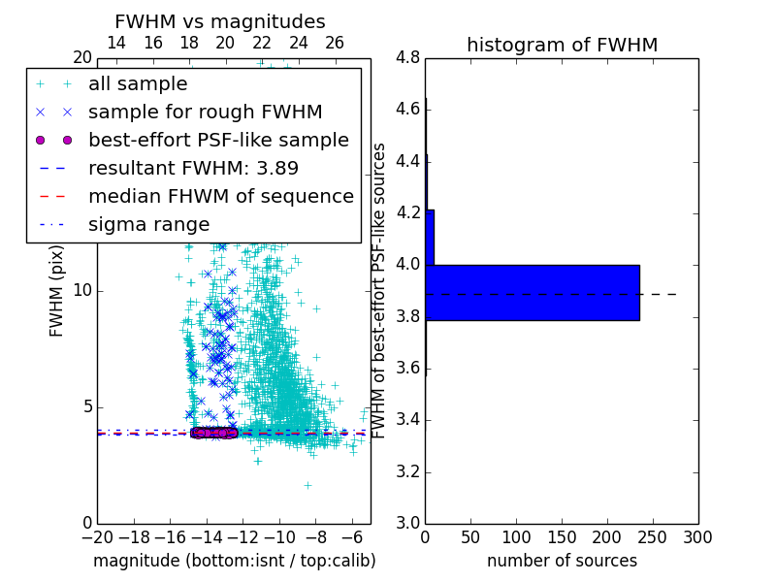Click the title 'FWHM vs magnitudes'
(220, 21)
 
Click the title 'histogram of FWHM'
(562, 45)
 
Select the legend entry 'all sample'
(138, 84)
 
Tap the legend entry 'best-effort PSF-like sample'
(218, 140)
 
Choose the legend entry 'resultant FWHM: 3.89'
(193, 168)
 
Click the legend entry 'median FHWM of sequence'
(220, 196)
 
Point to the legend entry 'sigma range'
(148, 224)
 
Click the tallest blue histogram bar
(532, 292)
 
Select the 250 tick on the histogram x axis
(653, 536)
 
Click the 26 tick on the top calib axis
(335, 43)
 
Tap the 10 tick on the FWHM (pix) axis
(81, 291)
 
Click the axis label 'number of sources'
(562, 561)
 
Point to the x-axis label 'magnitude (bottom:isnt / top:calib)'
(234, 561)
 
